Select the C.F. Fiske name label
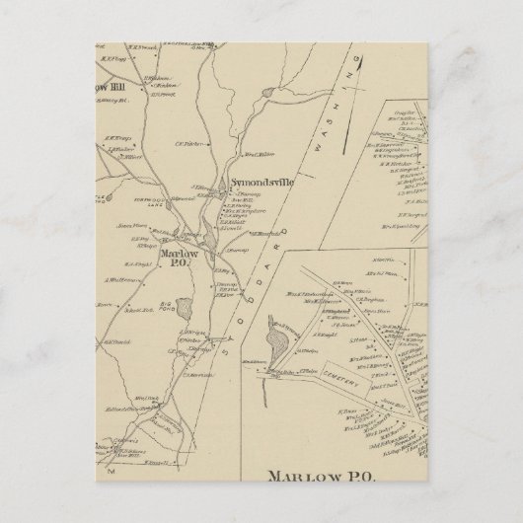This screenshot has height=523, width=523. point(187,144)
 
